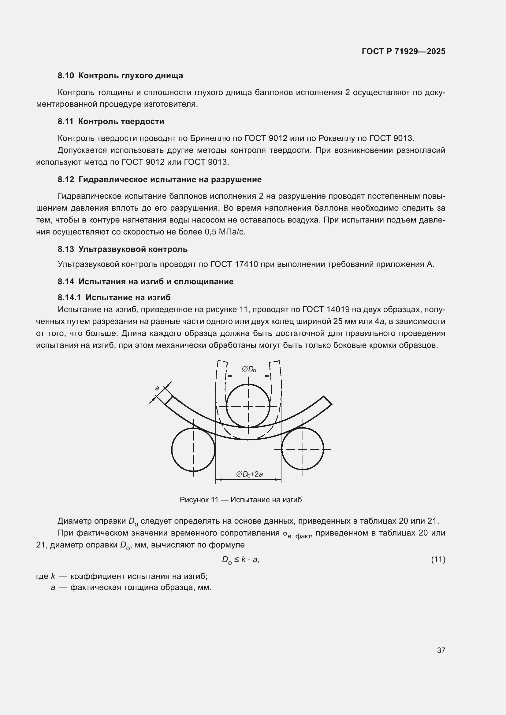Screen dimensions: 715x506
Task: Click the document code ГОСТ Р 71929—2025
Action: [404, 51]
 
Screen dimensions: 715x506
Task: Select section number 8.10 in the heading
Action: [66, 76]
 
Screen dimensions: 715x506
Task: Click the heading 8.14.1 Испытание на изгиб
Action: [114, 297]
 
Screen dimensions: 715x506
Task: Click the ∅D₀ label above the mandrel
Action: [249, 370]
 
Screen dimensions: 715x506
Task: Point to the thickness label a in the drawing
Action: [157, 388]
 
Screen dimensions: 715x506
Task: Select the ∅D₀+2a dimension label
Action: [249, 474]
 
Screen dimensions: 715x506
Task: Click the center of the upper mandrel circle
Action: [248, 406]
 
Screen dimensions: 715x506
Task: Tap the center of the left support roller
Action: [193, 450]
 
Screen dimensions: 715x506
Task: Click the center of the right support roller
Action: [303, 450]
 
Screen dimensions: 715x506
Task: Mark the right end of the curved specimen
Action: [327, 400]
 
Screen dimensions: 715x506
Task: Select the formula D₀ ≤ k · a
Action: [240, 560]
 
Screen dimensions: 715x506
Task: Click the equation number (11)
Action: [438, 560]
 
